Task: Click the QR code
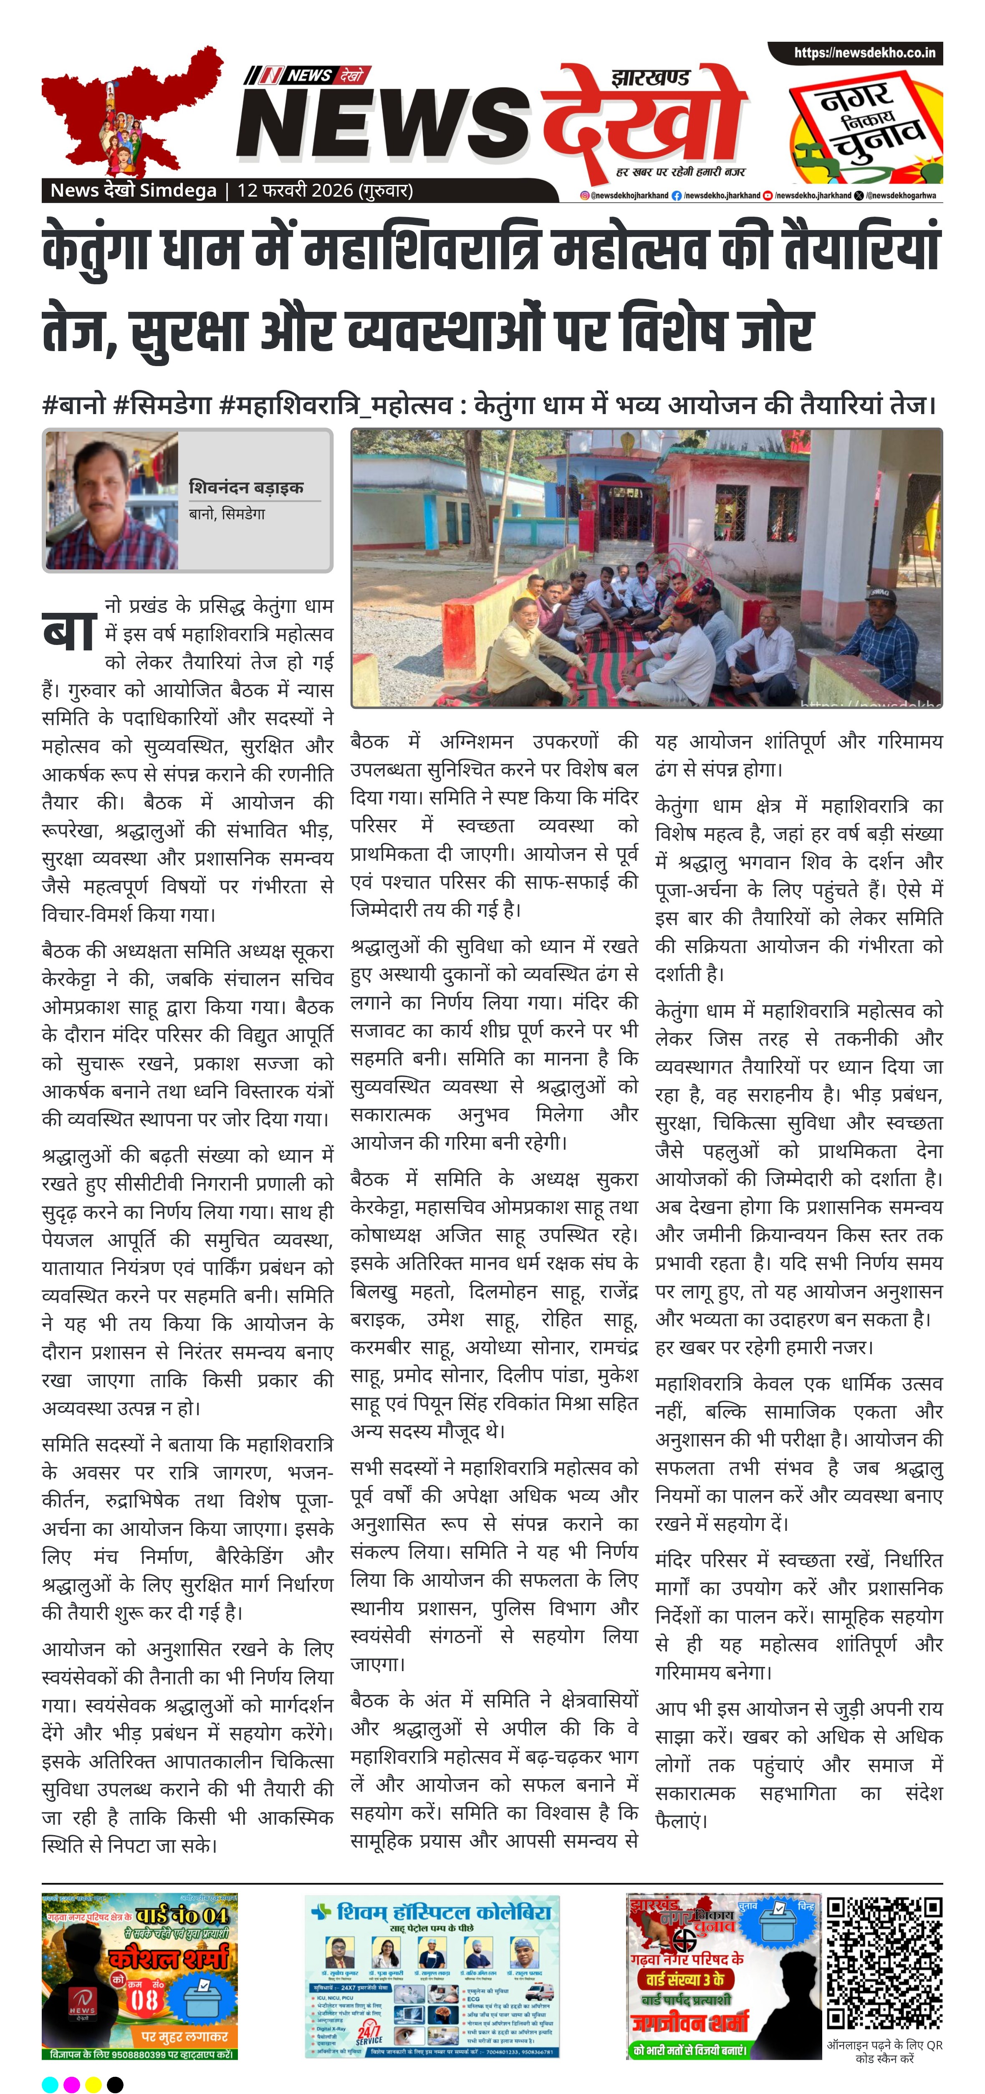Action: click(x=884, y=1963)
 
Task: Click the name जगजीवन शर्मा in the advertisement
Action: click(x=689, y=2022)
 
